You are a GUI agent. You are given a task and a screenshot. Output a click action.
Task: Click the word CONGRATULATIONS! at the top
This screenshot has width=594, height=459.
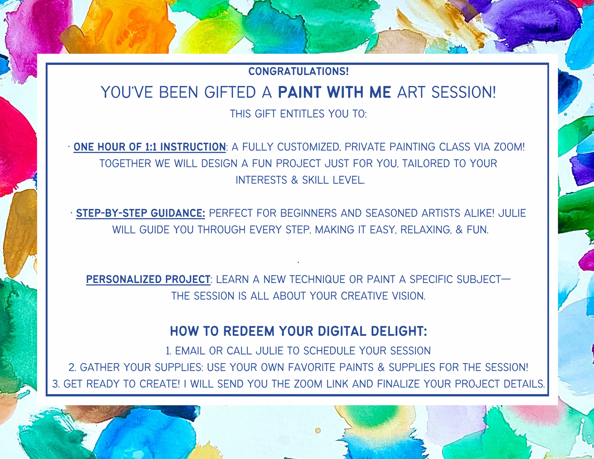tap(298, 72)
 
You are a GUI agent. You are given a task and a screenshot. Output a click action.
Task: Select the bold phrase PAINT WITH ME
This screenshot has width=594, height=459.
tap(334, 92)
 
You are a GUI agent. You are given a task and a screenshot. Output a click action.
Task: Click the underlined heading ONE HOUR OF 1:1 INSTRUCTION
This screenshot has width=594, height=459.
tap(150, 147)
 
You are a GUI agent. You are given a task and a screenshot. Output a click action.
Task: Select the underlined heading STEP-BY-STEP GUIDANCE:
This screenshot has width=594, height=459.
tap(140, 213)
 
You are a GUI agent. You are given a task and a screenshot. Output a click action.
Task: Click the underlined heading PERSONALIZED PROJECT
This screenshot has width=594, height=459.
tap(148, 279)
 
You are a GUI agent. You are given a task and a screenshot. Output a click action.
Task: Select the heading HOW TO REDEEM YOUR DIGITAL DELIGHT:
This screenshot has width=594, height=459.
tap(298, 331)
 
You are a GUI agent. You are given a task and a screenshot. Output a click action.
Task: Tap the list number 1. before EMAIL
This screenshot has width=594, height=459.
tap(169, 351)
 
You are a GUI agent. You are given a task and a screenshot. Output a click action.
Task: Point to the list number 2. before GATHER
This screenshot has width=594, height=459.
tap(72, 367)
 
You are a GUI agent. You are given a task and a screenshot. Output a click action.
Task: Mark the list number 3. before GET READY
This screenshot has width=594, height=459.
tap(56, 384)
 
